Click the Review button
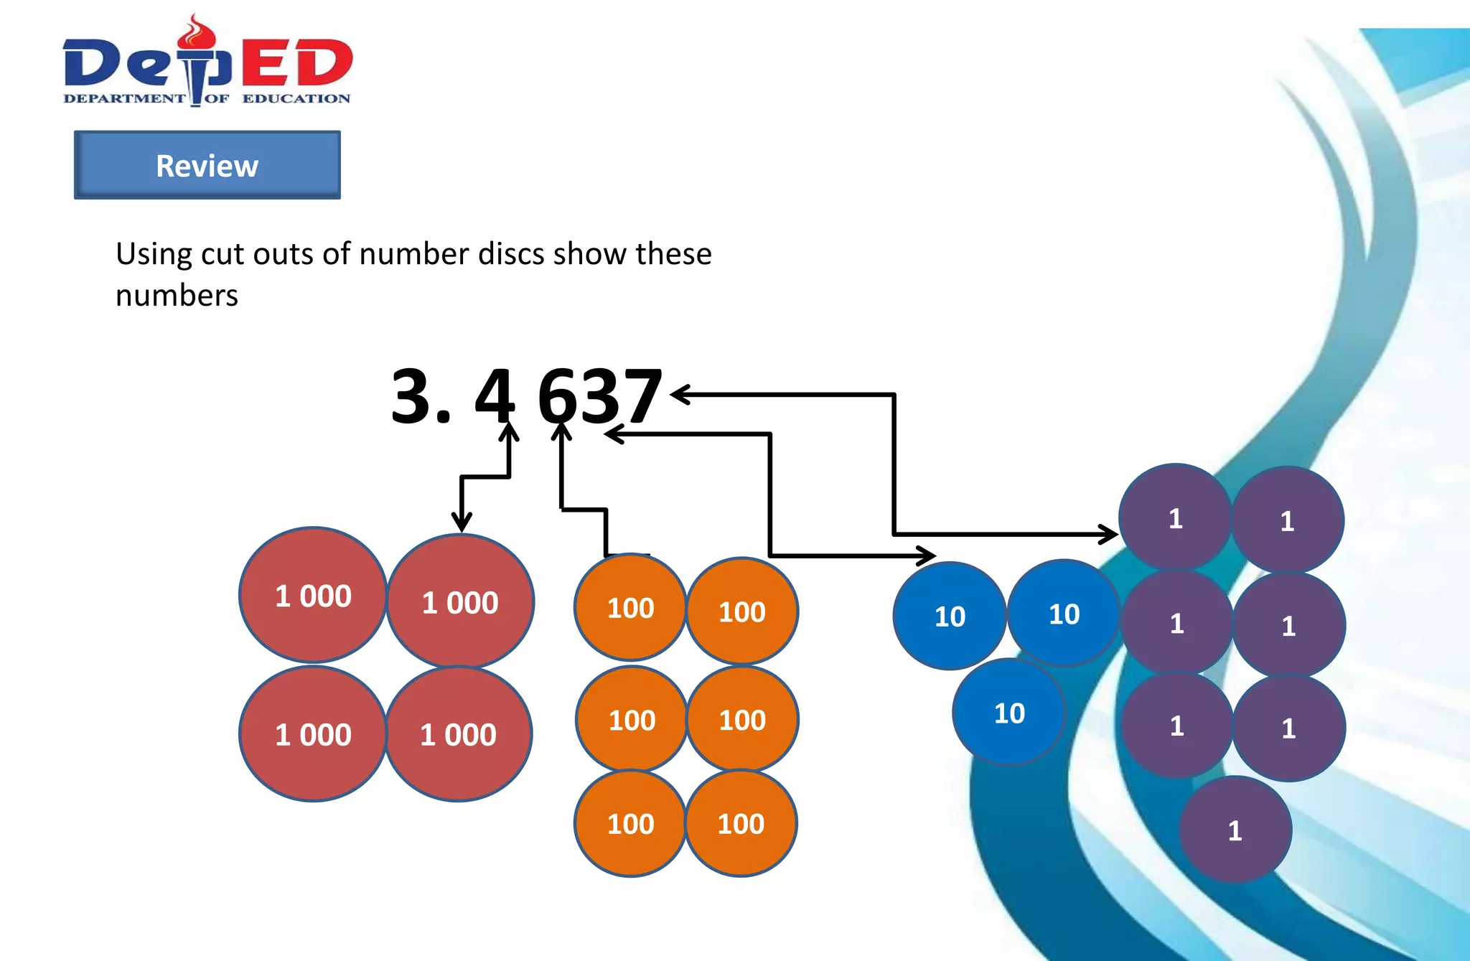[207, 165]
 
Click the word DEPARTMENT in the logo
[123, 98]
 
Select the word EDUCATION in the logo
[296, 98]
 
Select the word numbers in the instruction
[177, 296]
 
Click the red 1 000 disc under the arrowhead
[460, 601]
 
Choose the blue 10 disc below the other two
[1008, 713]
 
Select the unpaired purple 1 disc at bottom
[1235, 830]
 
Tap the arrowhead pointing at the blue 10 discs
[928, 555]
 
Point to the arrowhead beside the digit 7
[678, 394]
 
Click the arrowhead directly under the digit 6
[561, 430]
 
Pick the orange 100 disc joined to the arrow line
[630, 607]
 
